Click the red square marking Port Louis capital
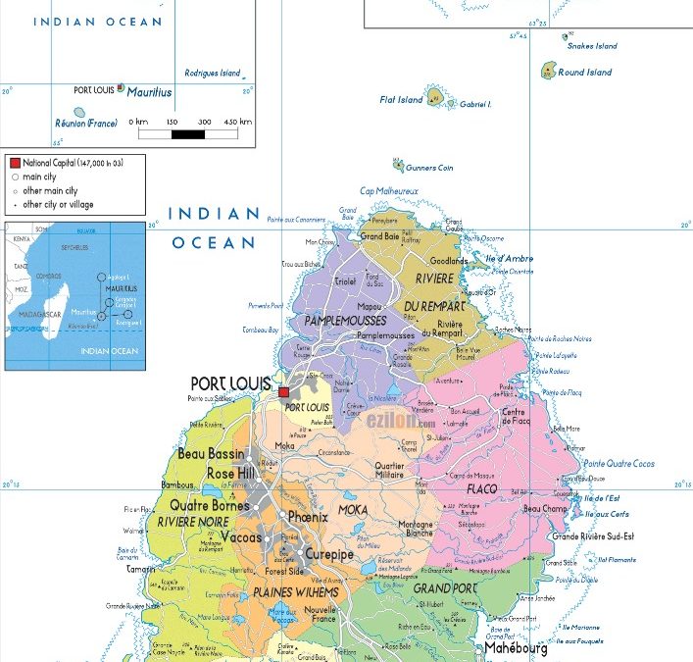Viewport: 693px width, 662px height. tap(284, 392)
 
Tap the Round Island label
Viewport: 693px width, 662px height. tap(584, 72)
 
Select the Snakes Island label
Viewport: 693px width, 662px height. tap(594, 46)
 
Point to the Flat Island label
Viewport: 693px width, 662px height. tap(401, 99)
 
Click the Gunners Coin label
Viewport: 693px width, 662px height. tap(431, 168)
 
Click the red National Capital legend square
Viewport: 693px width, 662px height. tap(15, 162)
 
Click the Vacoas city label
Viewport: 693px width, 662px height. tap(242, 538)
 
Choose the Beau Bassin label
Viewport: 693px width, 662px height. tap(212, 454)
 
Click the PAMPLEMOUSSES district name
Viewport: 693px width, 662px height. tap(345, 321)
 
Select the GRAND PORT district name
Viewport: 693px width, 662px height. tap(444, 588)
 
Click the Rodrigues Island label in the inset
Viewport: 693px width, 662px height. tap(213, 73)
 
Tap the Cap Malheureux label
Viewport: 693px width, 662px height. tap(389, 190)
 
